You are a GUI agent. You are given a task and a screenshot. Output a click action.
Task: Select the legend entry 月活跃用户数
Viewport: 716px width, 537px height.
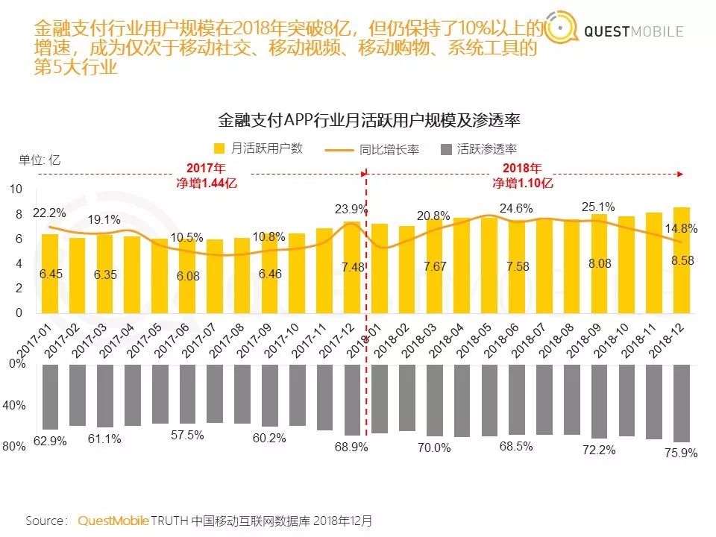tap(257, 148)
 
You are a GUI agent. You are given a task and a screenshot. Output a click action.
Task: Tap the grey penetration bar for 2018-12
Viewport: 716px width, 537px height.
tap(681, 403)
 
